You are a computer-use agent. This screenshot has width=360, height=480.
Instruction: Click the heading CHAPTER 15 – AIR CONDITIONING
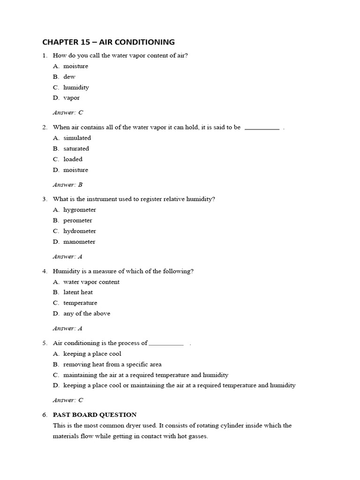(108, 42)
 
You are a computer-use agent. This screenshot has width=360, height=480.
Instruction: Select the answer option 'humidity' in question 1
(76, 87)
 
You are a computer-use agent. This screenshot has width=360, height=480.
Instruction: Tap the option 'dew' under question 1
(69, 76)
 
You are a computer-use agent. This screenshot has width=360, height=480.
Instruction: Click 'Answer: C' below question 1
(68, 112)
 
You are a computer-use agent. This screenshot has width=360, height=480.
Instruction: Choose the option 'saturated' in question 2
(76, 149)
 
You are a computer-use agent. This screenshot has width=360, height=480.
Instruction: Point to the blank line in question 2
(262, 128)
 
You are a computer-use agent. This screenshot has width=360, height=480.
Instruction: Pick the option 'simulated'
(77, 138)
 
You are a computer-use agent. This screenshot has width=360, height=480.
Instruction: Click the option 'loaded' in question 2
(73, 159)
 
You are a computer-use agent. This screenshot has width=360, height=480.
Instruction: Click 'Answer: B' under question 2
(68, 185)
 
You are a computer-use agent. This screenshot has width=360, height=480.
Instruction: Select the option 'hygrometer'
(80, 210)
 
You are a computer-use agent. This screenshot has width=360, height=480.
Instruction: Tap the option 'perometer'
(78, 220)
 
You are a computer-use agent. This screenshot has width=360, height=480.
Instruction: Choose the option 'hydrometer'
(80, 231)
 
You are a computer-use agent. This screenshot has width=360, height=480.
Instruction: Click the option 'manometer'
(79, 242)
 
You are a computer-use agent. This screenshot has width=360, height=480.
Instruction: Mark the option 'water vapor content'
(91, 282)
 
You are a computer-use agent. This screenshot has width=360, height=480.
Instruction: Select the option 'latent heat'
(78, 292)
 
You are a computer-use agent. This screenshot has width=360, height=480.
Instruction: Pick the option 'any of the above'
(87, 314)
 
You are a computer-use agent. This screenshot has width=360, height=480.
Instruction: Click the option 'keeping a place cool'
(92, 354)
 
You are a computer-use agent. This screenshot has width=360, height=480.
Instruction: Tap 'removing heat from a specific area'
(112, 364)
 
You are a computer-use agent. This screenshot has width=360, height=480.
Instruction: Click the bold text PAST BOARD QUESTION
(95, 415)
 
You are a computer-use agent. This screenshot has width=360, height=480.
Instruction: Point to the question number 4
(45, 271)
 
